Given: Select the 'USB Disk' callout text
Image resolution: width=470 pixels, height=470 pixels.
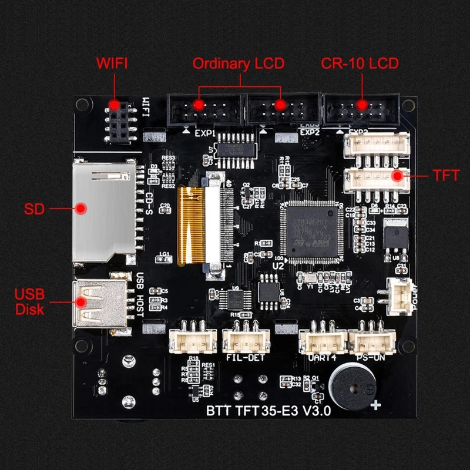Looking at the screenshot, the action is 29,301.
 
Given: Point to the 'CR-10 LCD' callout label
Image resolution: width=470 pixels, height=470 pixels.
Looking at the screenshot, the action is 360,63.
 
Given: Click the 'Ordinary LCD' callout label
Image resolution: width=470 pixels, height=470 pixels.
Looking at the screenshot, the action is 238,63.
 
